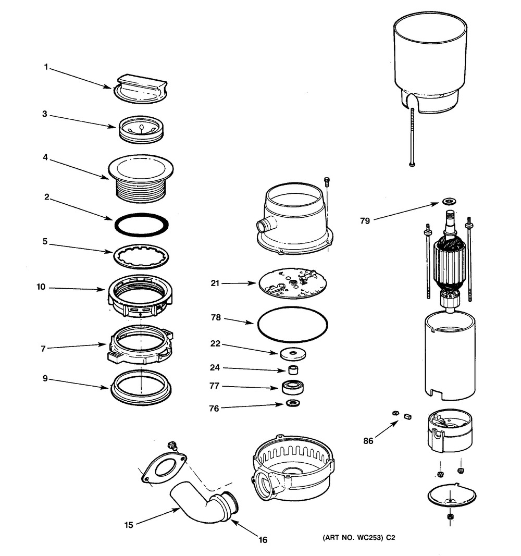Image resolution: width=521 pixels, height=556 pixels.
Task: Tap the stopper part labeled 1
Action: pyautogui.click(x=141, y=88)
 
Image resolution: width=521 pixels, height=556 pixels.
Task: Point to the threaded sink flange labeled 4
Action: pyautogui.click(x=141, y=177)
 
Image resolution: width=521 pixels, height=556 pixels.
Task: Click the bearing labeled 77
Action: pyautogui.click(x=292, y=388)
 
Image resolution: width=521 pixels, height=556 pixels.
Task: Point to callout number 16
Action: pyautogui.click(x=263, y=540)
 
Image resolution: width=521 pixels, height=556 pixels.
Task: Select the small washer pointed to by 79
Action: pyautogui.click(x=448, y=201)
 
